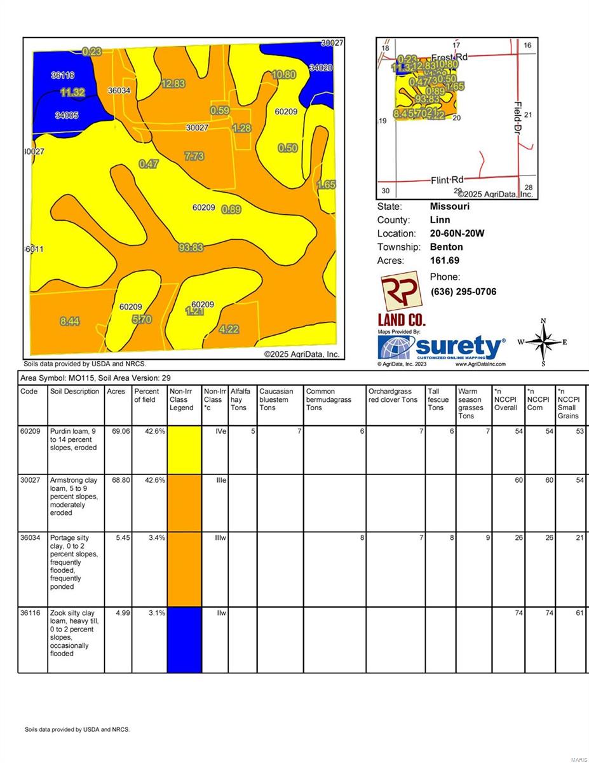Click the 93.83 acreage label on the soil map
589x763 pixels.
(191, 247)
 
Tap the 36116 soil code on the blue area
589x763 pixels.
(63, 75)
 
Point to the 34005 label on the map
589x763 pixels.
(67, 115)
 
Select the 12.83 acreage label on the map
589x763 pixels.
(173, 83)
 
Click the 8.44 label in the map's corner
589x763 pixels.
(70, 321)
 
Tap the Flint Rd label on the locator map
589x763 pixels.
(449, 180)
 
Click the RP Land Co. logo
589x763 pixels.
(401, 298)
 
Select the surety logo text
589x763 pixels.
(459, 347)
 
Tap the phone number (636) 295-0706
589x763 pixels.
(463, 292)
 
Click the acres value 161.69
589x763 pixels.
(445, 261)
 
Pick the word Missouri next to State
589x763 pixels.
(449, 207)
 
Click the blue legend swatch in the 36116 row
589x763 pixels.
(185, 640)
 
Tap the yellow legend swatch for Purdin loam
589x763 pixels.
(185, 450)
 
